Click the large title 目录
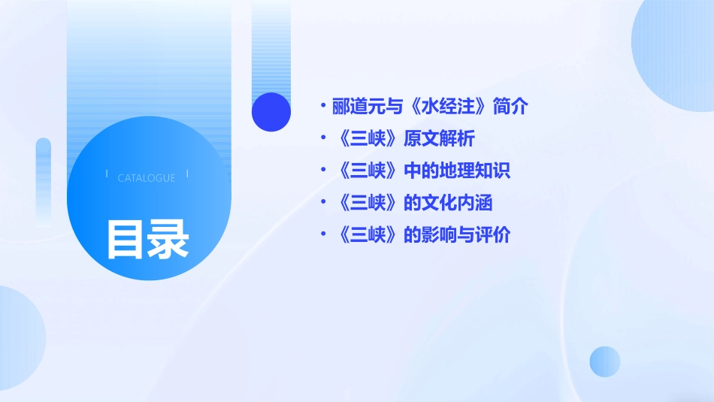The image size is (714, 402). (x=147, y=239)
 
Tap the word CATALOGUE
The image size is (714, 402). (x=147, y=178)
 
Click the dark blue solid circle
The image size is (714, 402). (x=271, y=112)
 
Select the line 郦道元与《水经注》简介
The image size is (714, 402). (x=431, y=107)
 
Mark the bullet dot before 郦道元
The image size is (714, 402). (x=322, y=107)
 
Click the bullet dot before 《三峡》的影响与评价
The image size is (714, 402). (x=322, y=234)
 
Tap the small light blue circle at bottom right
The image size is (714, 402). (x=605, y=361)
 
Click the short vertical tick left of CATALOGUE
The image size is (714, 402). (x=107, y=174)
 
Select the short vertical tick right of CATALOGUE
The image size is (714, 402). (x=187, y=174)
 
